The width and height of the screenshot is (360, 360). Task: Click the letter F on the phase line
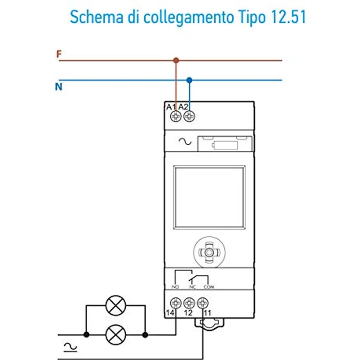click(x=59, y=54)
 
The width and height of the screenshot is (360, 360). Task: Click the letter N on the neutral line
click(x=59, y=87)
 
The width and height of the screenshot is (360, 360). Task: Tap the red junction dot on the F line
click(x=176, y=61)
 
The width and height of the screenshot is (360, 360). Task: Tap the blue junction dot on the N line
click(x=189, y=80)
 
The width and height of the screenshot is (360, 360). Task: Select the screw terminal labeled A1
click(x=176, y=116)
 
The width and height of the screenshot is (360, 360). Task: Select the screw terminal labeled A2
click(x=189, y=116)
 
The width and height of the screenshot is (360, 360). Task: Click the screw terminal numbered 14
click(x=176, y=303)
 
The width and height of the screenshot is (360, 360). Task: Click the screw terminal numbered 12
click(x=189, y=303)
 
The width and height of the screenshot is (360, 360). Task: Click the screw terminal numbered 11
click(x=202, y=303)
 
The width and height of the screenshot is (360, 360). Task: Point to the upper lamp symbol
click(x=116, y=306)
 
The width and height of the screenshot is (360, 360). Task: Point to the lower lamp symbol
click(x=116, y=335)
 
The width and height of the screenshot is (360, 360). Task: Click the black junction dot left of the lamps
click(x=86, y=335)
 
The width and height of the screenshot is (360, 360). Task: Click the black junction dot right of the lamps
click(x=145, y=335)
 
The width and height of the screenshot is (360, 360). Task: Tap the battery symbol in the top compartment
click(x=225, y=145)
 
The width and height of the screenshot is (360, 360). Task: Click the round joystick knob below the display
click(x=209, y=252)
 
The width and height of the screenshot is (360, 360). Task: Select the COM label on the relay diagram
click(x=209, y=287)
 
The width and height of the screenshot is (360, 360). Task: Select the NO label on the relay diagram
click(x=176, y=287)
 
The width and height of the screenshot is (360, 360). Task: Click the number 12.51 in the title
click(x=289, y=17)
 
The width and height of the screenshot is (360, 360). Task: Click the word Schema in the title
click(x=97, y=17)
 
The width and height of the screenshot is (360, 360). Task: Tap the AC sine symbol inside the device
click(x=185, y=141)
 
